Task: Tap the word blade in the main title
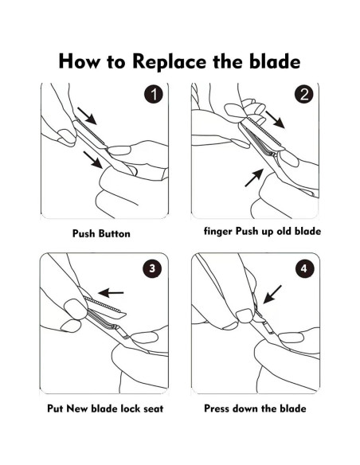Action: point(275,61)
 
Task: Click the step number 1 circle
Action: point(154,94)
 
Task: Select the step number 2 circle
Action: point(304,94)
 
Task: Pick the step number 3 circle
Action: point(152,268)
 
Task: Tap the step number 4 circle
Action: point(304,268)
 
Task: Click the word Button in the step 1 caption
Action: point(114,233)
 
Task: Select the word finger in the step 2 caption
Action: point(218,232)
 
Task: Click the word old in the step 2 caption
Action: point(284,231)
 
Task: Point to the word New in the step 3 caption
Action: point(77,408)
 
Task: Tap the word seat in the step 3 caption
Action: point(153,408)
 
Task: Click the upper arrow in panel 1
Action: point(87,116)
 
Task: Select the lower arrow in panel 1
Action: point(93,160)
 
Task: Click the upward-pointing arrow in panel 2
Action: point(254,178)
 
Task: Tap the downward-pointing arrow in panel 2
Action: point(276,119)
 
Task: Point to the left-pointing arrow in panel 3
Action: point(111,293)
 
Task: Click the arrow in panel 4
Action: point(272,295)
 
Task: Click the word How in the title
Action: point(79,61)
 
